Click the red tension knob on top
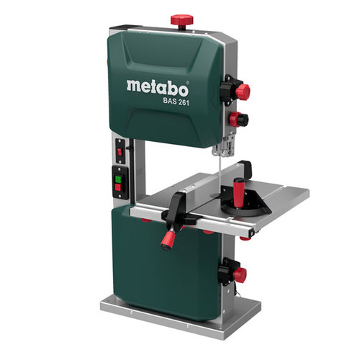pyautogui.click(x=182, y=19)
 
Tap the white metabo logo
pyautogui.click(x=158, y=88)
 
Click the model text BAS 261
pyautogui.click(x=176, y=102)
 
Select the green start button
pyautogui.click(x=118, y=179)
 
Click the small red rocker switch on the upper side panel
pyautogui.click(x=120, y=152)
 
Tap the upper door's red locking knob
pyautogui.click(x=243, y=91)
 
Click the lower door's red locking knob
pyautogui.click(x=239, y=274)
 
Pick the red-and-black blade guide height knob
pyautogui.click(x=238, y=119)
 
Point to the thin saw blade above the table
pyautogui.click(x=219, y=172)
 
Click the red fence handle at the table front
pyautogui.click(x=168, y=240)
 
